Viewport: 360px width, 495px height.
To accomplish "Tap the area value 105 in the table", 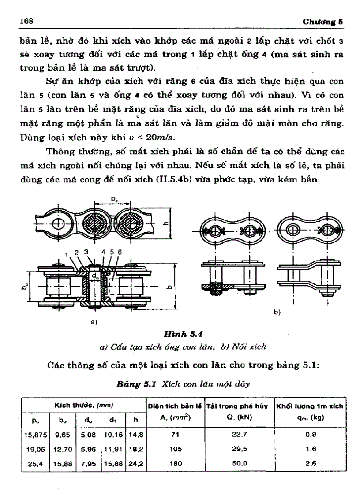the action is pyautogui.click(x=175, y=448).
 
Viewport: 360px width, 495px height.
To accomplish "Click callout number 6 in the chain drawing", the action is pyautogui.click(x=120, y=252).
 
